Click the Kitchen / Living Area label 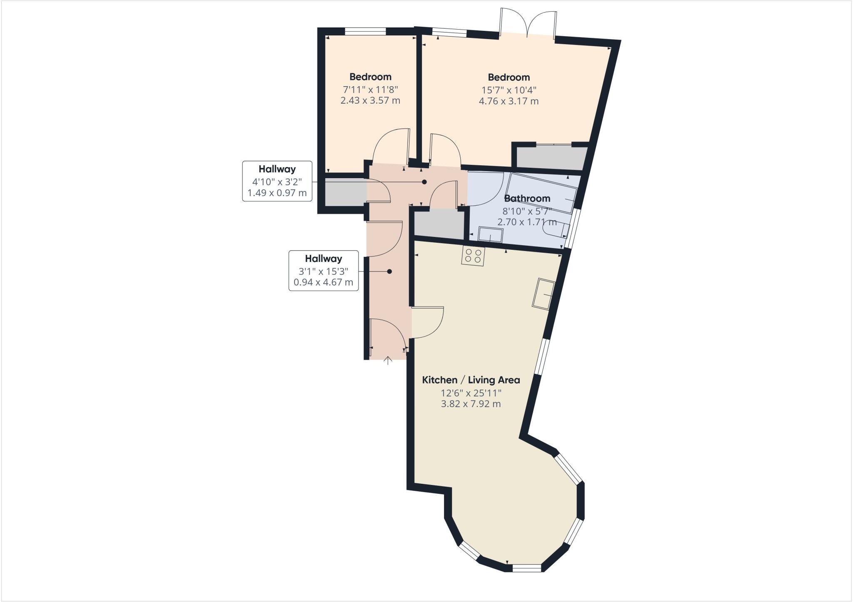(x=471, y=380)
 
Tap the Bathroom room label (x=527, y=198)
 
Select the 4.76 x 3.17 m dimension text (x=509, y=101)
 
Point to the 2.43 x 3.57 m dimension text (x=370, y=100)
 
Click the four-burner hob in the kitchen (x=473, y=256)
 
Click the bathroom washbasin (x=491, y=235)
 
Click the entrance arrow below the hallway (x=388, y=361)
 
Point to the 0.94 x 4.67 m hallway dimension (x=323, y=282)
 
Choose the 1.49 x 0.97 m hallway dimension (x=277, y=193)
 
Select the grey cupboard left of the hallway (x=345, y=192)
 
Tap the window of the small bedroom (x=365, y=31)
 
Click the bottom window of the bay (x=527, y=567)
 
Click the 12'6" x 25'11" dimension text (x=471, y=393)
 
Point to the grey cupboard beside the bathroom (x=439, y=224)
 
